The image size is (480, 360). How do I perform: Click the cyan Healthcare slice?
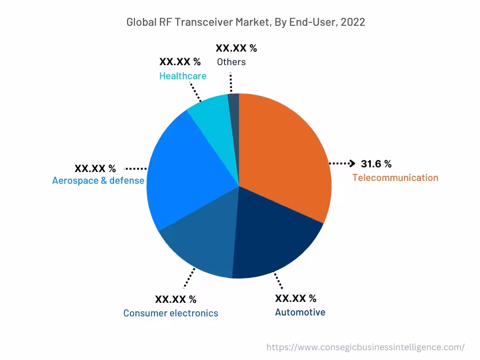(x=211, y=117)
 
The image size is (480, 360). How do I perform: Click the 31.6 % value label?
(x=376, y=164)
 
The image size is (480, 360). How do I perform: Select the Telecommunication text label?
(x=395, y=178)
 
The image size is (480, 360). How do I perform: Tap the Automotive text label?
(x=300, y=312)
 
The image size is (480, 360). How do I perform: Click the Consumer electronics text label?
(x=171, y=313)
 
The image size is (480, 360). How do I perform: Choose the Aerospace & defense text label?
(x=98, y=180)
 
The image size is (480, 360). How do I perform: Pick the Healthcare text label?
(x=183, y=76)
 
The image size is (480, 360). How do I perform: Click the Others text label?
(x=231, y=62)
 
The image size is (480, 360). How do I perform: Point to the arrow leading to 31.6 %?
(x=342, y=163)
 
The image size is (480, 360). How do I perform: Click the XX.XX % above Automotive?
(x=295, y=299)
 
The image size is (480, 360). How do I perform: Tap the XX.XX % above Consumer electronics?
(x=176, y=299)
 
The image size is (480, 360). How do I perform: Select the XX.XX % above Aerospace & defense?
(x=95, y=168)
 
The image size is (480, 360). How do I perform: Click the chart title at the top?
(x=246, y=22)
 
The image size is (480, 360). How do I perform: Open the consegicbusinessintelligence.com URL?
(x=366, y=347)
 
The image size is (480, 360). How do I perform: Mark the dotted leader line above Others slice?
(x=231, y=82)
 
